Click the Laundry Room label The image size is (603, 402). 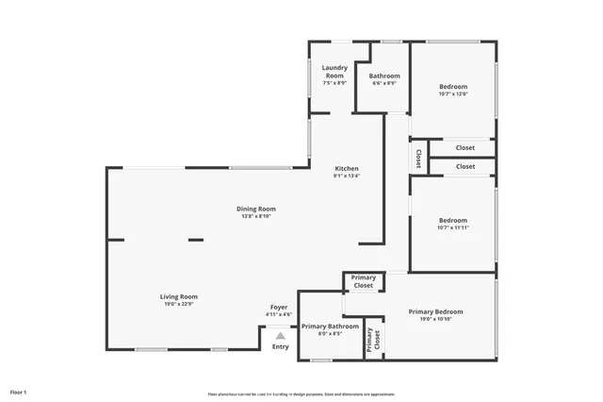[335, 72]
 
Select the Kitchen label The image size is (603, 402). [347, 169]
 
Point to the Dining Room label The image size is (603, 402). [256, 209]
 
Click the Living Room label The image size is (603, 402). [178, 296]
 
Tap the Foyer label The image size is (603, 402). [279, 307]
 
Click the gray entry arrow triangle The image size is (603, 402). [280, 335]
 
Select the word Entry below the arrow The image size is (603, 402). [281, 346]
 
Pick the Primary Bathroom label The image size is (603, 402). [330, 326]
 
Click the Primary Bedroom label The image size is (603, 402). [436, 311]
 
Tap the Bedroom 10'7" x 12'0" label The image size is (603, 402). [453, 87]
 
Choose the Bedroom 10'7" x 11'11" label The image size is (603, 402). [453, 221]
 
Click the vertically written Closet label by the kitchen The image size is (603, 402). [418, 158]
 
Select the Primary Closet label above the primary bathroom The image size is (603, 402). [364, 281]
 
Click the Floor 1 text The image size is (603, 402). [19, 391]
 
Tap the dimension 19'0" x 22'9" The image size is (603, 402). [178, 304]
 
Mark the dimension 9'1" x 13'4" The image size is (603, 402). [347, 176]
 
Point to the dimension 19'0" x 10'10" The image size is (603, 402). [436, 319]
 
